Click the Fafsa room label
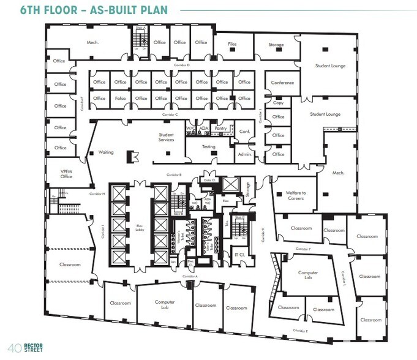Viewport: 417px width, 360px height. pos(120,98)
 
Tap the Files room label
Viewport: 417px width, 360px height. pos(232,44)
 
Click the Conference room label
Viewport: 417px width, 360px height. pos(282,83)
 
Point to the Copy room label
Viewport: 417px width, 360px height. pos(279,103)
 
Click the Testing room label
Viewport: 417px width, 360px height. pos(209,146)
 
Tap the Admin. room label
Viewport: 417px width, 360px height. pos(245,154)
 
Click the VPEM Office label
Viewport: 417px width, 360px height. pos(66,174)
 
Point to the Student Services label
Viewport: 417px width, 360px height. pos(166,137)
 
